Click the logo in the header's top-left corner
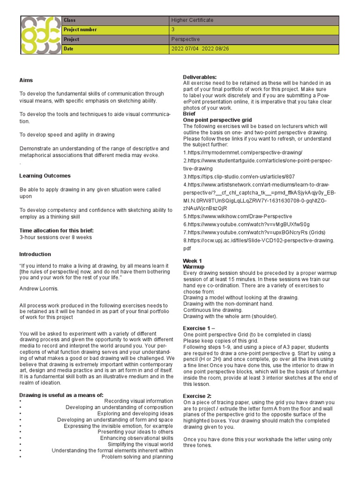[41, 35]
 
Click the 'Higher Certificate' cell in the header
[192, 20]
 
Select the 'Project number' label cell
[80, 30]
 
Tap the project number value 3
[173, 30]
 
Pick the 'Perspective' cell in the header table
[185, 39]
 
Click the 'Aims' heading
[26, 80]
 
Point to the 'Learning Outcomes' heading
[45, 176]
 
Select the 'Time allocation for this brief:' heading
[57, 231]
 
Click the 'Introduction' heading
[35, 254]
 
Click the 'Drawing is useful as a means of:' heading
[61, 395]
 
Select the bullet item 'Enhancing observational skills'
[136, 438]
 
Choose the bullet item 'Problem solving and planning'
[137, 457]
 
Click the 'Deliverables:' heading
[200, 77]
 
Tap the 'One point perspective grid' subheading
[217, 120]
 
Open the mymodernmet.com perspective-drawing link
[243, 152]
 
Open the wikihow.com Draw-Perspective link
[237, 216]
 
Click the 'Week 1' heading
[192, 261]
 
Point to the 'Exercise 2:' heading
[197, 396]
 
